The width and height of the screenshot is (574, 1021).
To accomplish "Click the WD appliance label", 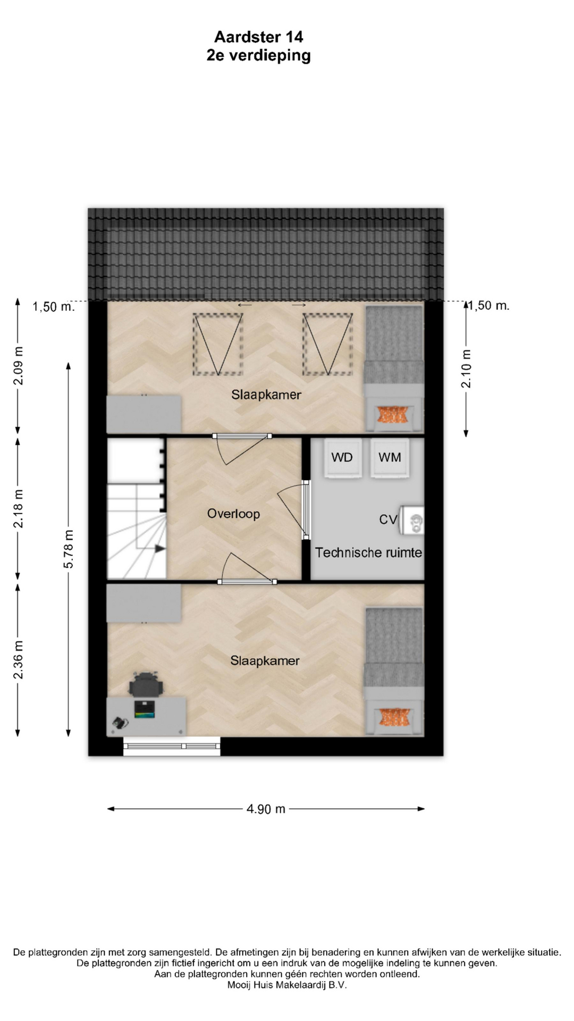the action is [x=342, y=457].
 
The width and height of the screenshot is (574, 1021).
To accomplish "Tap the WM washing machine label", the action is [x=390, y=457].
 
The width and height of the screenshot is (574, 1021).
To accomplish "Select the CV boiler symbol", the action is [x=412, y=520].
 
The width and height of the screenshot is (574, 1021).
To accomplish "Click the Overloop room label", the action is [x=233, y=514].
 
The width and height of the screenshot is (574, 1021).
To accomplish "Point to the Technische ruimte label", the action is [x=368, y=553].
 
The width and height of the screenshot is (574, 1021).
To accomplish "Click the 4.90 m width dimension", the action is [x=266, y=809].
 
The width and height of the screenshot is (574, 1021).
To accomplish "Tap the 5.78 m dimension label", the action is [x=69, y=549].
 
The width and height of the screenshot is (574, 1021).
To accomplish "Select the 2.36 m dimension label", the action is [x=18, y=659].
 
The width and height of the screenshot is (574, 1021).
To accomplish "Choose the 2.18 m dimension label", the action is [x=18, y=509].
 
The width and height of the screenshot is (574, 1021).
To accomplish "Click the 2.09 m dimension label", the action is [x=18, y=365].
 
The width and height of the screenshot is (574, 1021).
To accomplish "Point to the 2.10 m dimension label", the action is [x=466, y=369].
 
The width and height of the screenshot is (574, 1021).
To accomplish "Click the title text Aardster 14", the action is [x=259, y=37].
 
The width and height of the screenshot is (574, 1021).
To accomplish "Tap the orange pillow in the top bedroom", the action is [x=394, y=414].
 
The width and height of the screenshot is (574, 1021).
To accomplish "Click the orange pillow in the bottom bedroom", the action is [x=394, y=717].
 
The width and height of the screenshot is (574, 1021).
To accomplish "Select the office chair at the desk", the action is [x=146, y=684].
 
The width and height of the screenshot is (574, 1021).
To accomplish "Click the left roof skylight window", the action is [x=218, y=344].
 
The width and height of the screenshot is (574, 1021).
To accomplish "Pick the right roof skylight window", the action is [x=328, y=344].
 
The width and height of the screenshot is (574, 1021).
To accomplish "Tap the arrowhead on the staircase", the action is [x=160, y=549].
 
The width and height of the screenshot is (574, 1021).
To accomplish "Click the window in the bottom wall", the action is [x=172, y=746].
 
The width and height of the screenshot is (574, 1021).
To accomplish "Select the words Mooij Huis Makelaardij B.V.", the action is [x=287, y=985].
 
